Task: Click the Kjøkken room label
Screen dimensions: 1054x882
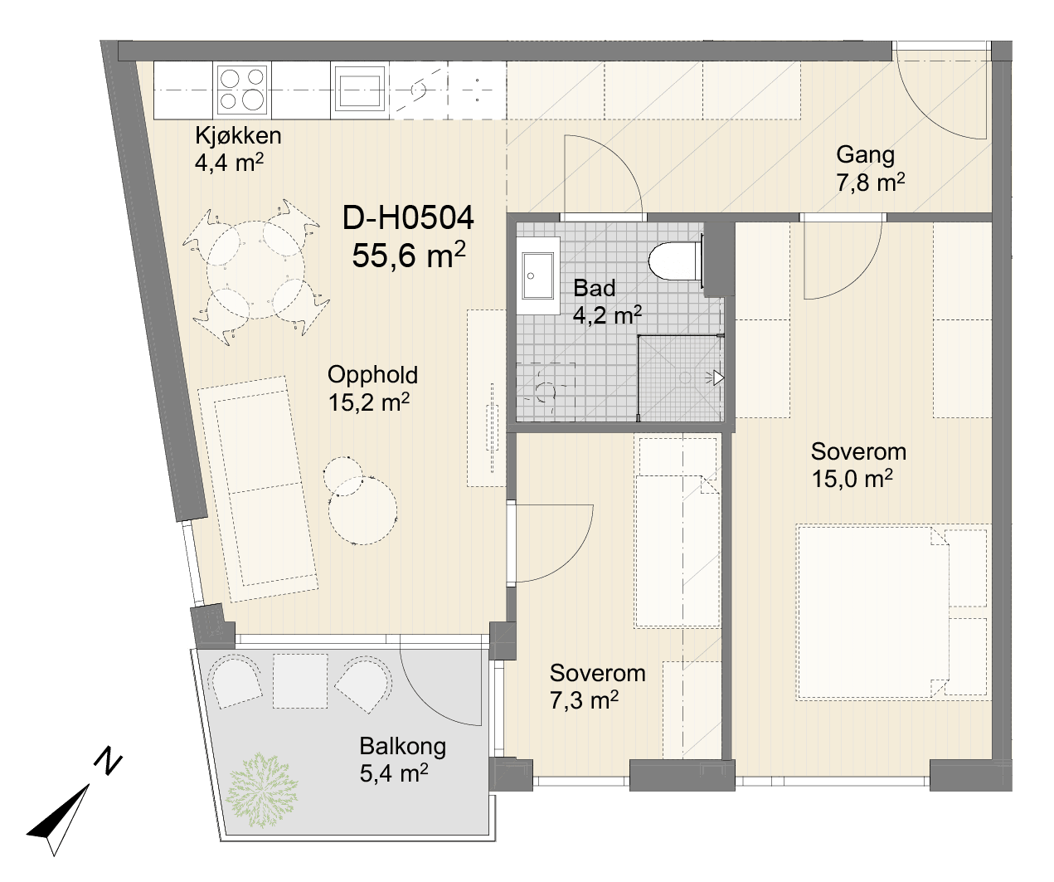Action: (238, 136)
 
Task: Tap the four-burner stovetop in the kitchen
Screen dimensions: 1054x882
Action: (242, 90)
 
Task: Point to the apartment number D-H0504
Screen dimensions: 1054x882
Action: (408, 218)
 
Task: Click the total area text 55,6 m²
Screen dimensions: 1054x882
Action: (408, 255)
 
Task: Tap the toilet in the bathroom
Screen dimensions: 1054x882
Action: (675, 261)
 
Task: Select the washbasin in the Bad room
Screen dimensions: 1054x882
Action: (538, 275)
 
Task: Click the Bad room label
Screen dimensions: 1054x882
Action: (594, 289)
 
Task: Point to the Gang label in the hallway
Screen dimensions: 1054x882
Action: (865, 154)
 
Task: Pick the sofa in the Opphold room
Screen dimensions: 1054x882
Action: (257, 489)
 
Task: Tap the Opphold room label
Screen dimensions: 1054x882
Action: (372, 375)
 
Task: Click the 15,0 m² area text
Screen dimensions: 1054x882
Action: (852, 479)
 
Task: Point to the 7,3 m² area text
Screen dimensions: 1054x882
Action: (584, 700)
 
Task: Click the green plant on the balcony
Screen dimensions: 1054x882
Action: (261, 797)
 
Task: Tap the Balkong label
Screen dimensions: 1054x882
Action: (403, 746)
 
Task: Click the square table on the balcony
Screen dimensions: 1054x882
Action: (300, 681)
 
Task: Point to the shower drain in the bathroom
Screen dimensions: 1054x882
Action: (685, 378)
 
